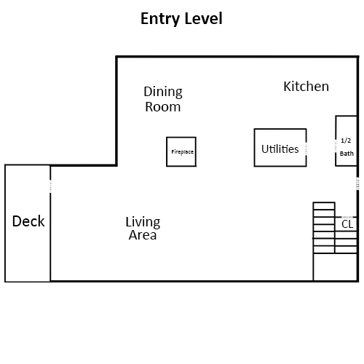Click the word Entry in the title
[x=160, y=19]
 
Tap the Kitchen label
[x=306, y=87]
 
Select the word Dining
[x=163, y=92]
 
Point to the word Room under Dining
[x=163, y=107]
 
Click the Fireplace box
[x=181, y=151]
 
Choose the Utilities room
[x=280, y=148]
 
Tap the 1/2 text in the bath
[x=346, y=141]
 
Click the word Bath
[x=347, y=154]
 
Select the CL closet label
[x=347, y=224]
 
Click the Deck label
[x=28, y=221]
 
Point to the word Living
[x=143, y=222]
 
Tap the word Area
[x=143, y=235]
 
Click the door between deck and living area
[x=50, y=186]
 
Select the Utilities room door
[x=306, y=149]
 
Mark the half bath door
[x=336, y=146]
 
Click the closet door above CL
[x=347, y=217]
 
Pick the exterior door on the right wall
[x=357, y=183]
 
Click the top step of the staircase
[x=324, y=206]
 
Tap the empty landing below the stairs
[x=335, y=267]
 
